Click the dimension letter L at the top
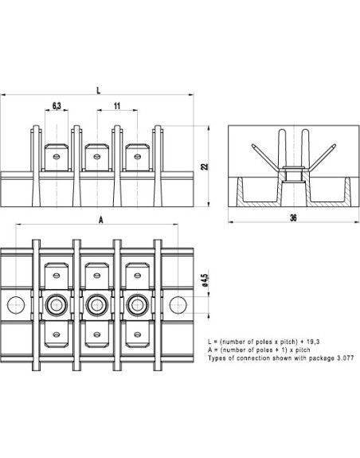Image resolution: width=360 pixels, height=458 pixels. pos(97,91)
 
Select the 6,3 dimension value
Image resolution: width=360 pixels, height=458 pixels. pos(57,105)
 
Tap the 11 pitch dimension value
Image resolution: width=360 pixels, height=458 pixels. pos(117,105)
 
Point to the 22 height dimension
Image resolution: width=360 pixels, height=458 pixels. pos(205,166)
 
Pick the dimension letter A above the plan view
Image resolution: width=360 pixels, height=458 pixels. pos(100,219)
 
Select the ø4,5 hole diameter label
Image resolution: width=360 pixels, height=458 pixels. pos(205,281)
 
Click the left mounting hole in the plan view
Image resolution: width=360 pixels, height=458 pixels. pos(15,303)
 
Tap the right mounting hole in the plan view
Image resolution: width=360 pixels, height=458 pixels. pos(178,303)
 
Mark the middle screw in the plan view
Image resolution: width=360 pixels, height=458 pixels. pos(97,303)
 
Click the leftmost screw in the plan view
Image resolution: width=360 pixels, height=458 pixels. pos(57,303)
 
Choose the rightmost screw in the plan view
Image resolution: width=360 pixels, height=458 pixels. pos(138,303)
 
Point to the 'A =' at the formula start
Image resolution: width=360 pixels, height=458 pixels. pos(211,350)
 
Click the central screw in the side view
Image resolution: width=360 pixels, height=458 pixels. pos(292,172)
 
